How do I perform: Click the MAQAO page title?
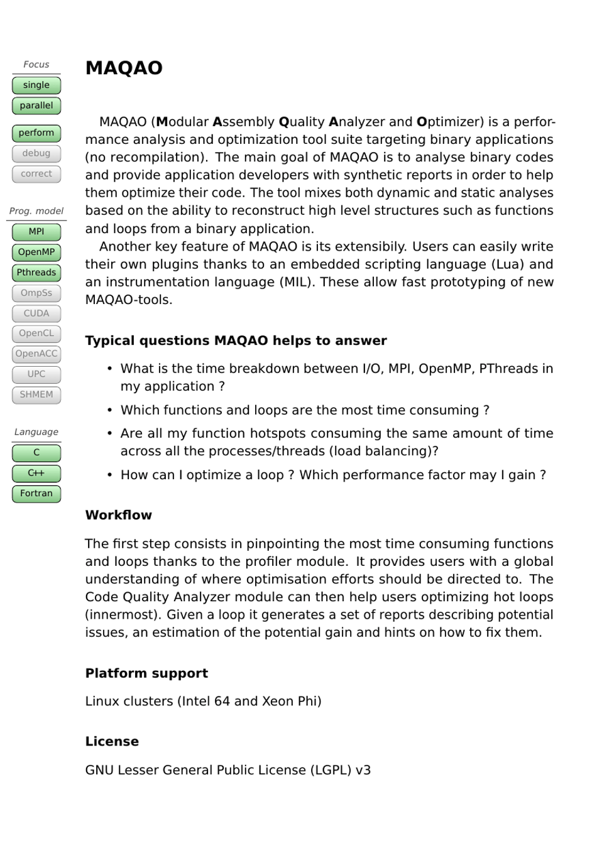124,68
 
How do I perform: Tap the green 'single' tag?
36,85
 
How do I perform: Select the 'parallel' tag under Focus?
36,106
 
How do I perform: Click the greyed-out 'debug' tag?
36,153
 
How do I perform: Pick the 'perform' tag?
36,133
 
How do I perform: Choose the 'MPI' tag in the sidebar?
36,232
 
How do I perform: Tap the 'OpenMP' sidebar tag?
36,252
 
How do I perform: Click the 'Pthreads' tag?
36,273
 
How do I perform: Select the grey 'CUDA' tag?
36,313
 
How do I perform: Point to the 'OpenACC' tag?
36,354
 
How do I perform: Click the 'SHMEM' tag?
36,394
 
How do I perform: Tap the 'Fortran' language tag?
36,494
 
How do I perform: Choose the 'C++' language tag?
36,473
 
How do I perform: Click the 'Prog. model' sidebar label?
36,211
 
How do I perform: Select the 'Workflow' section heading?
119,515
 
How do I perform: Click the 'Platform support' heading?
146,673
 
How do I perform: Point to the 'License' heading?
112,741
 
